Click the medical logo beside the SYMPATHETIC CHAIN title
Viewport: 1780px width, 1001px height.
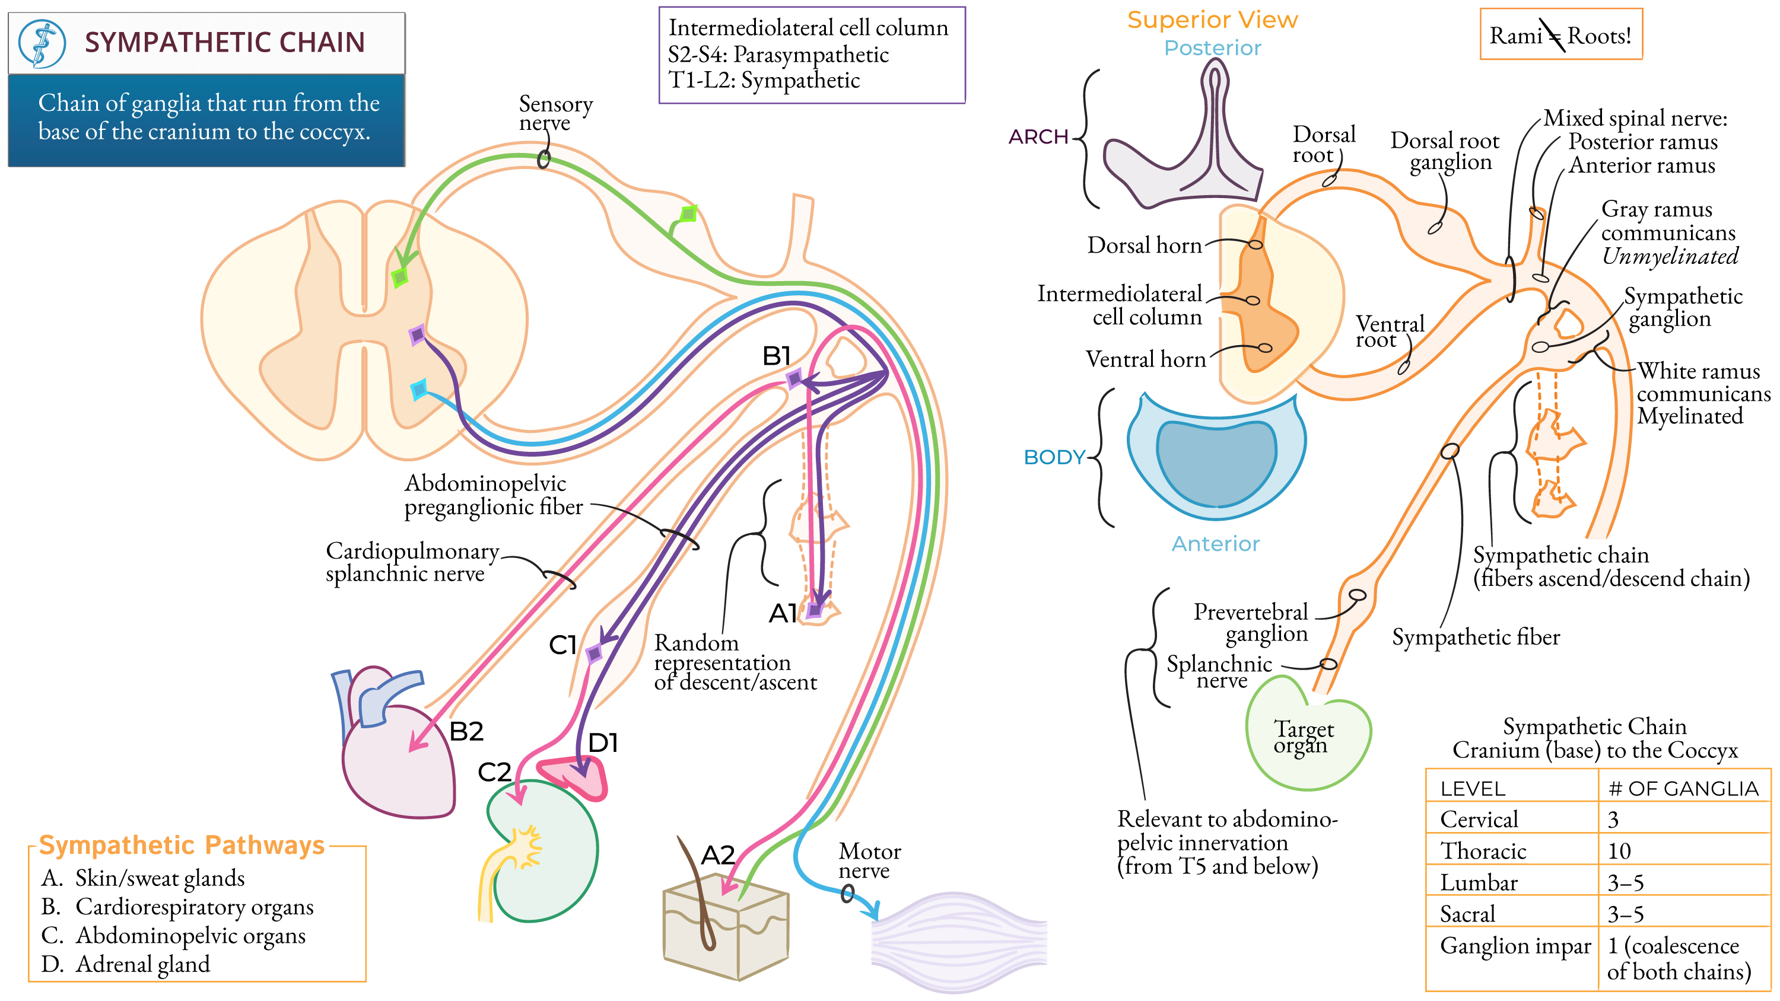click(x=42, y=43)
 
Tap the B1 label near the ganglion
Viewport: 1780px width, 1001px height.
click(x=776, y=356)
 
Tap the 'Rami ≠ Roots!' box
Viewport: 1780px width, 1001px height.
click(x=1560, y=34)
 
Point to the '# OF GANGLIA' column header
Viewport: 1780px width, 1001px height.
click(x=1683, y=789)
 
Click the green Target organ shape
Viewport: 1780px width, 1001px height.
click(x=1306, y=739)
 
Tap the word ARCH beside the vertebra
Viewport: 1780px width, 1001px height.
click(x=1038, y=137)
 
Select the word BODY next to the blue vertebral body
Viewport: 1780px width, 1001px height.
click(x=1054, y=457)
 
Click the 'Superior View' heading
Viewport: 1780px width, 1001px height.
click(x=1212, y=20)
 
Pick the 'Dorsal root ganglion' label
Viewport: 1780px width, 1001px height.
click(x=1445, y=151)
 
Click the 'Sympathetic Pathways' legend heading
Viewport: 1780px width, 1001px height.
click(x=181, y=845)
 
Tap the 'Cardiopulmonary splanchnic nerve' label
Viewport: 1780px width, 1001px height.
click(x=412, y=562)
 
